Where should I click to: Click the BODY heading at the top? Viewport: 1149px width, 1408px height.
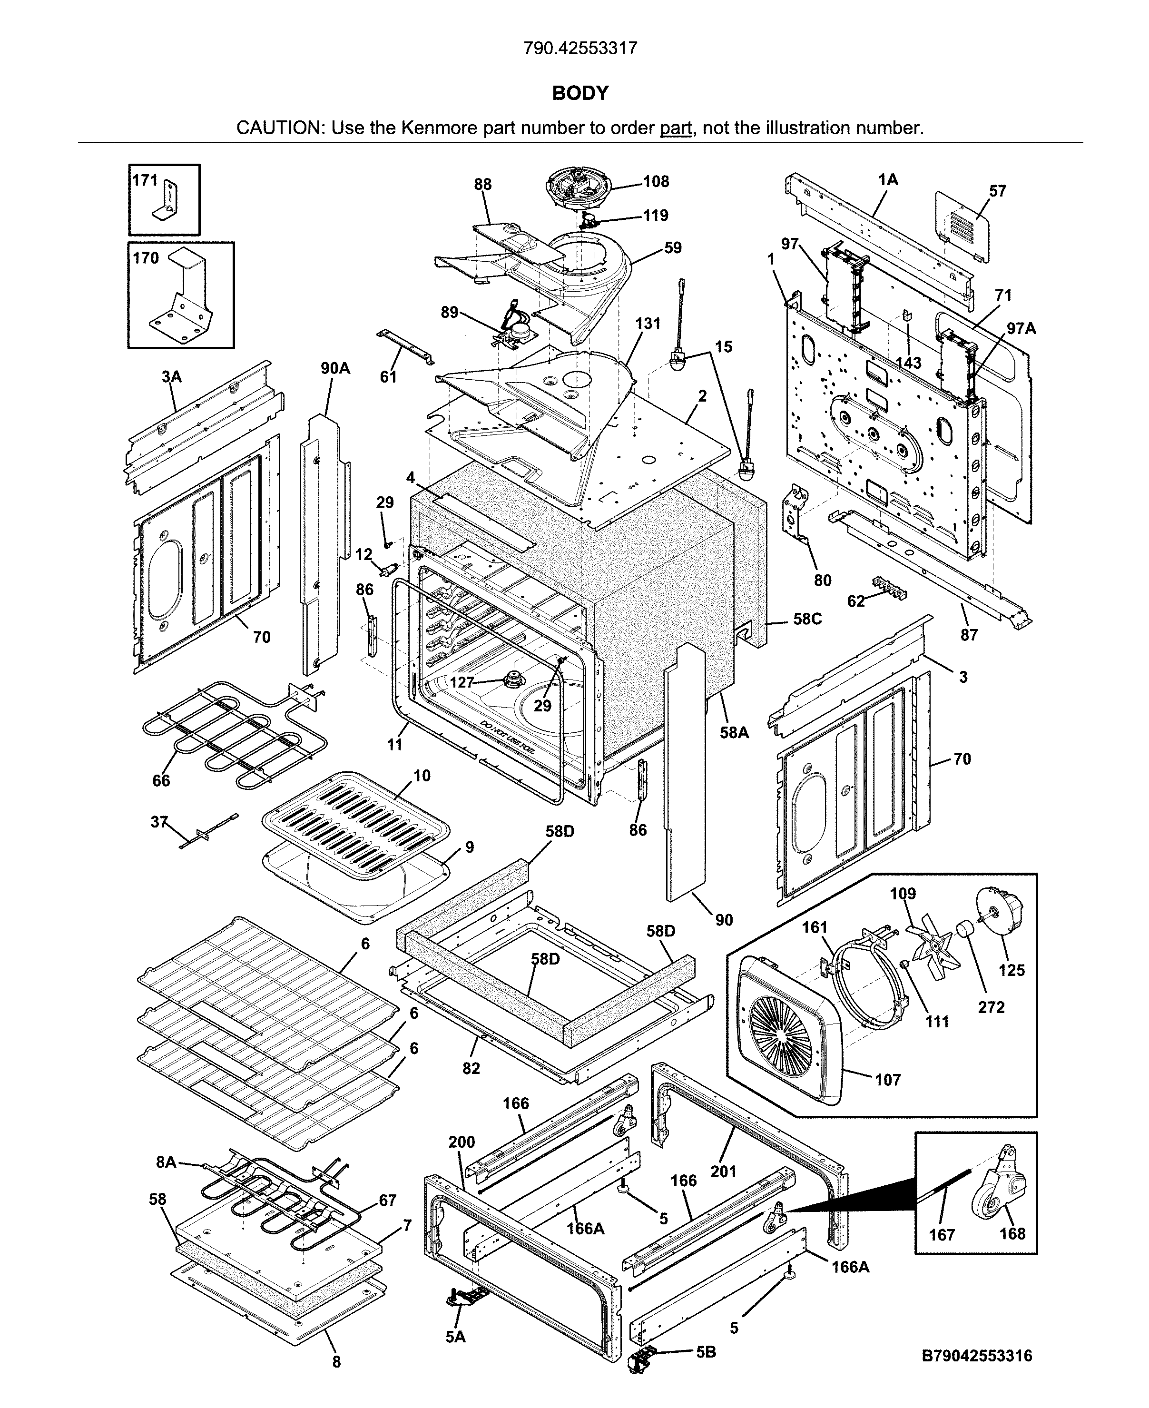tap(580, 93)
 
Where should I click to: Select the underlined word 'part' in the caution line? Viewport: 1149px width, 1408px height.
tap(675, 128)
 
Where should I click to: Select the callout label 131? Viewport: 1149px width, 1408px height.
tap(648, 323)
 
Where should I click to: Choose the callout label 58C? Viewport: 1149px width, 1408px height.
tap(807, 620)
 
